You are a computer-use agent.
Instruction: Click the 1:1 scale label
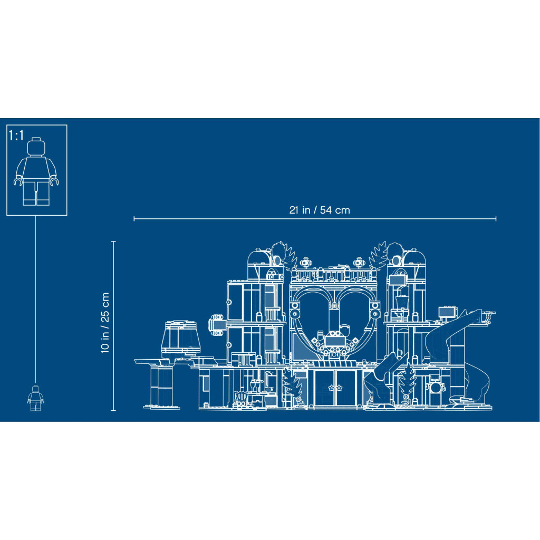pos(16,136)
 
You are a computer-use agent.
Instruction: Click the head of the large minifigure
pos(36,147)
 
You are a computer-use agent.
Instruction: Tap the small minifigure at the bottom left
pos(35,398)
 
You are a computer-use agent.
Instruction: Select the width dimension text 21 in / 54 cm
pos(319,210)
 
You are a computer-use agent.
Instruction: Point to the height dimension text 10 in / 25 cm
pos(105,323)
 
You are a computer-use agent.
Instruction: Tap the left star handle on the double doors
pos(331,388)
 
